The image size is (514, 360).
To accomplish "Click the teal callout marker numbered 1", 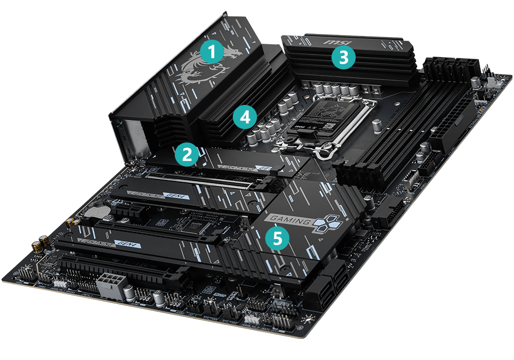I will click(212, 52).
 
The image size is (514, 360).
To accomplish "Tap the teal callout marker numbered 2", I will click(186, 154).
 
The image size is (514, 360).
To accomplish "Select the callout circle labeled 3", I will click(343, 58).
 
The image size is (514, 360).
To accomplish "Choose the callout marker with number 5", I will click(277, 239).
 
